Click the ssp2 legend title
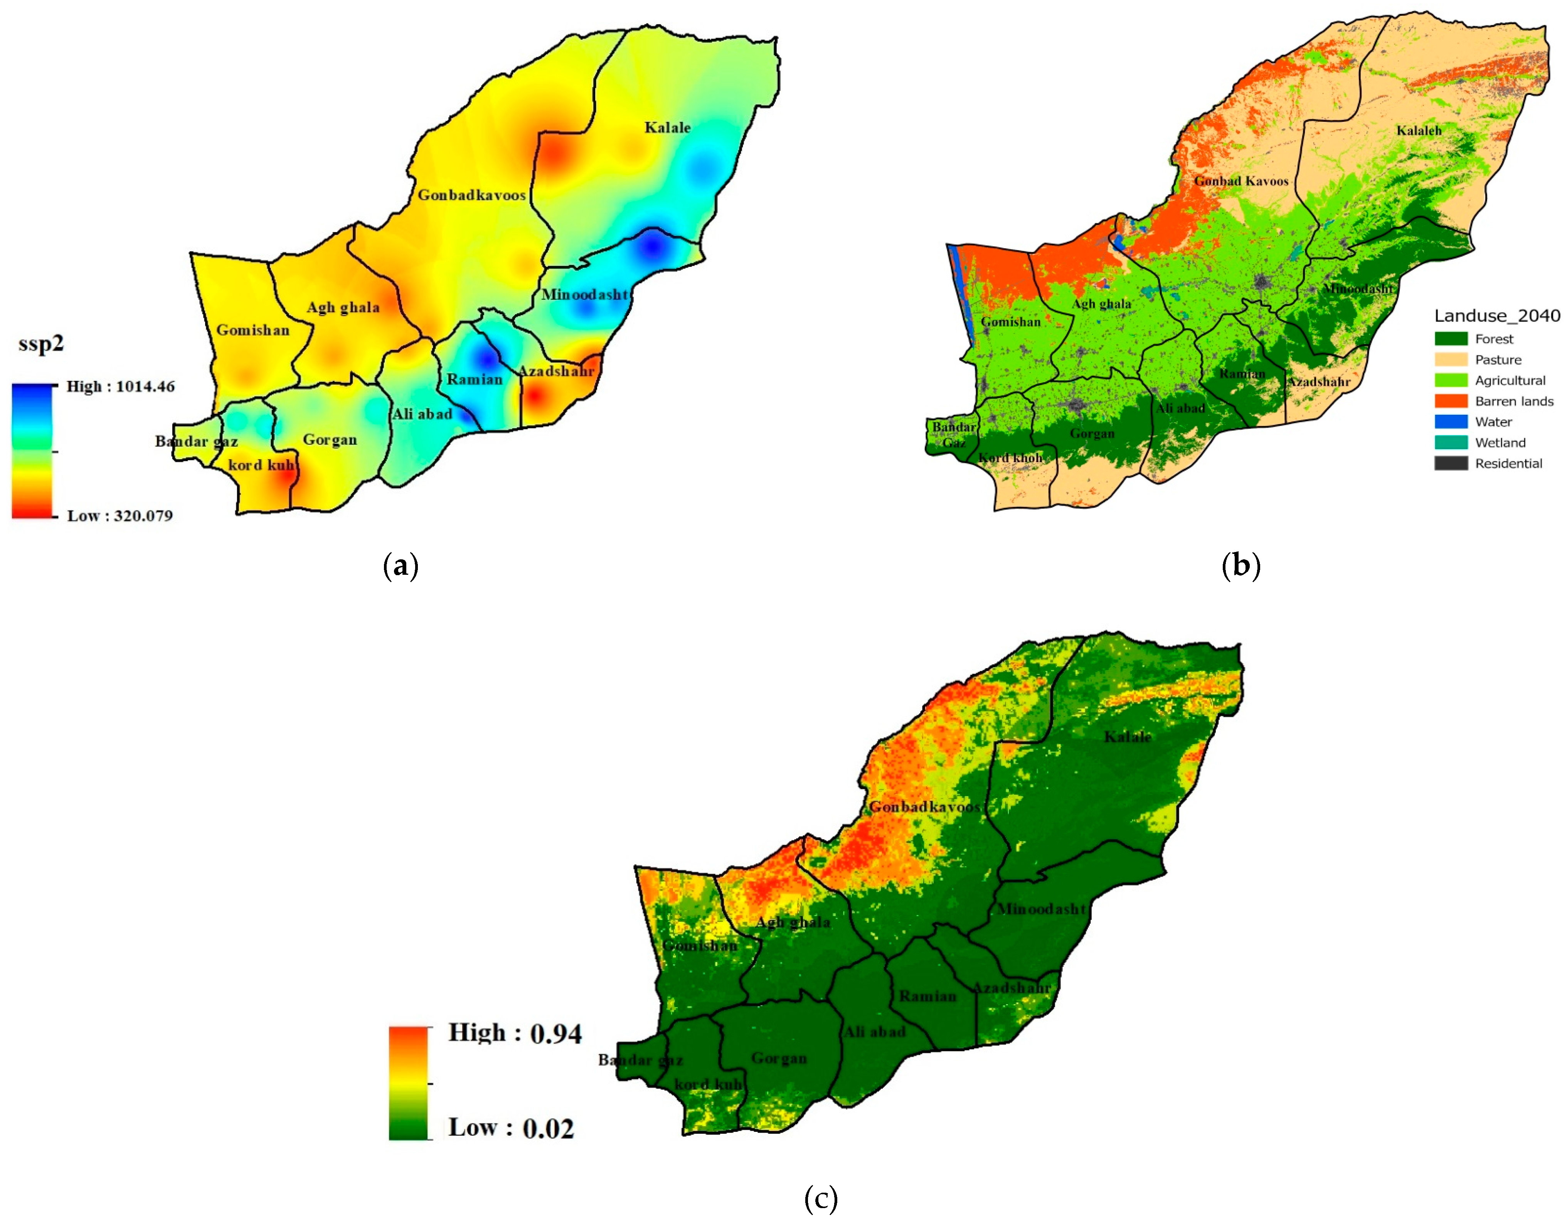[x=41, y=343]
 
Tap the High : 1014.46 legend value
[x=120, y=387]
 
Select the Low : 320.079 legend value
[x=119, y=516]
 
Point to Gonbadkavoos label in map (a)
[x=471, y=195]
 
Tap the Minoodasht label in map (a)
[x=584, y=295]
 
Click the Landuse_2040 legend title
[x=1496, y=315]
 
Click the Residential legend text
[x=1508, y=463]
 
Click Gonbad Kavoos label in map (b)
[x=1241, y=181]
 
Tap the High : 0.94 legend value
[x=514, y=1033]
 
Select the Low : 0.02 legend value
[x=511, y=1128]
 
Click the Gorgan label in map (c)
[x=779, y=1058]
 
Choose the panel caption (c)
[x=820, y=1198]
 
